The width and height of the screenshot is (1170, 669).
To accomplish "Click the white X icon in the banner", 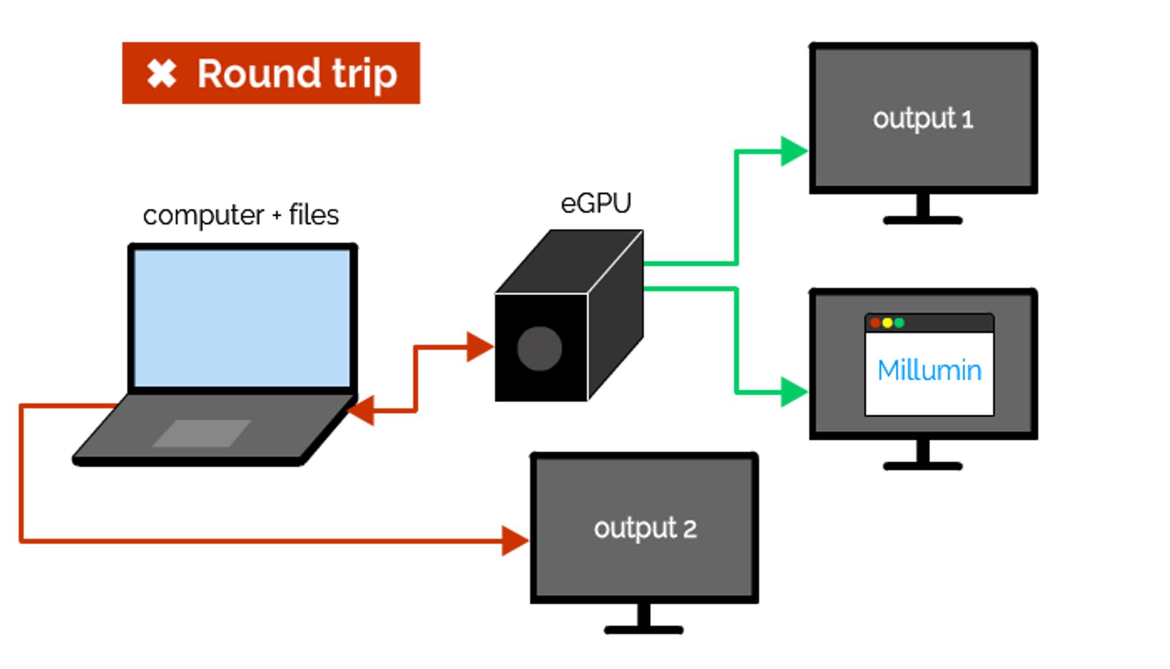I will click(x=161, y=74).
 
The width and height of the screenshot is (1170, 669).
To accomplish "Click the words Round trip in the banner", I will click(x=297, y=74).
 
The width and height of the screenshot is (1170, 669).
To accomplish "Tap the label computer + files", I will click(x=240, y=215).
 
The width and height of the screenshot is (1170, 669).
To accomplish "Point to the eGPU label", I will click(x=596, y=204).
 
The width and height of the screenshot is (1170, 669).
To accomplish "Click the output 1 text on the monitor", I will click(x=923, y=119).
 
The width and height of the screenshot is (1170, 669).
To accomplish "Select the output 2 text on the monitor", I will click(x=645, y=529).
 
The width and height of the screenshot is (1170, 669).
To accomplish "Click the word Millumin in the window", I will click(x=929, y=370).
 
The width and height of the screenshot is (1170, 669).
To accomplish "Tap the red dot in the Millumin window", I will click(x=875, y=323).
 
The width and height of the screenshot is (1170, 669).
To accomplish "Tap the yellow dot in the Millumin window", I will click(x=887, y=323).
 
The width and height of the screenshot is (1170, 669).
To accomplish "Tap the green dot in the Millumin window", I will click(x=900, y=323).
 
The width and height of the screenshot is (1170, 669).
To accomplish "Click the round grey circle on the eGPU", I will click(x=539, y=349).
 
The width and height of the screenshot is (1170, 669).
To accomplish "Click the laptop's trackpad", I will click(x=202, y=433).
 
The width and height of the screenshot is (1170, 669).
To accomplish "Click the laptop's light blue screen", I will click(x=242, y=318).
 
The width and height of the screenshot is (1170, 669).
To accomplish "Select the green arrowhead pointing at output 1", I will click(x=793, y=152).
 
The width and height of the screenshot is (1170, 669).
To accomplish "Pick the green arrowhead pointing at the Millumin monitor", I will click(x=793, y=392).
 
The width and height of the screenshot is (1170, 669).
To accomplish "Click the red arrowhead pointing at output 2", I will click(x=514, y=541).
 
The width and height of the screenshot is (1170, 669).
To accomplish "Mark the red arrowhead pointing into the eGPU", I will click(x=479, y=347).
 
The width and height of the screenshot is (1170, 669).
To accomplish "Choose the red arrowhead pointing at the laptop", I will click(x=362, y=411).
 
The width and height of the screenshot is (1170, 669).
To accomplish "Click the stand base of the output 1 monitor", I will click(x=923, y=221).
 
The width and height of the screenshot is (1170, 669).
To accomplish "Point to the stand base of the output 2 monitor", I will click(x=643, y=630).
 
